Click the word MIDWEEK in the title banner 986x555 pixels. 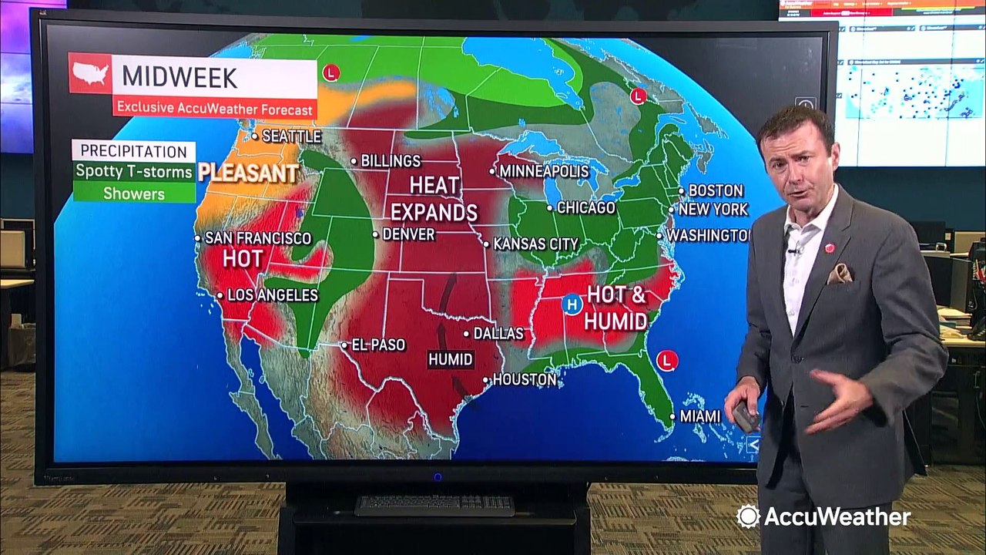pos(179,77)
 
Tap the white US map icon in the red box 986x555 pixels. pos(91,74)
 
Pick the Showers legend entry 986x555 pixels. pos(134,193)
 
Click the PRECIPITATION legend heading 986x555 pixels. pos(133,151)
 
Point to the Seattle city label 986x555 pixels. pos(290,136)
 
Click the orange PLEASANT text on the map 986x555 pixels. pos(248,173)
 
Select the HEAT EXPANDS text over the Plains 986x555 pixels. pos(434,199)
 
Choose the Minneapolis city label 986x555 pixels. pos(544,171)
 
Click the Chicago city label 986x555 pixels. pos(585,207)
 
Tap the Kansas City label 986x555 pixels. pos(535,244)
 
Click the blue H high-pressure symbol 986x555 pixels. pos(571,304)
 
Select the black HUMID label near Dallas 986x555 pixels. pos(451,359)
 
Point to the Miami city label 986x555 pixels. pos(699,416)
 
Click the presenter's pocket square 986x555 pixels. pos(840,273)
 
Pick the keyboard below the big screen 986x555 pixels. pos(434,506)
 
